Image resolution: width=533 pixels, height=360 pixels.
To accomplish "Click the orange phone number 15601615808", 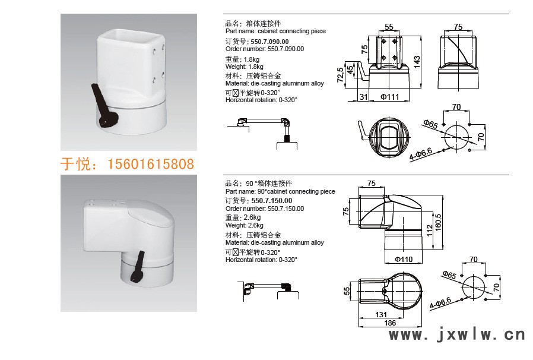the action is (x=151, y=164).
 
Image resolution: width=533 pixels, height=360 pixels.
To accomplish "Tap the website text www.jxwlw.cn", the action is (x=457, y=335).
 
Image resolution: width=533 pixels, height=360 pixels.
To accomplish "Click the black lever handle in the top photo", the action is (x=104, y=106).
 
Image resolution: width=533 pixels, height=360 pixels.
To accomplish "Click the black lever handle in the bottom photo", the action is (x=137, y=267).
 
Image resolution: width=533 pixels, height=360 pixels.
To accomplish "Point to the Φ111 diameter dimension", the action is (x=389, y=97).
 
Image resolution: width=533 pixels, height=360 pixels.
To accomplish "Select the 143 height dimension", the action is (x=417, y=62).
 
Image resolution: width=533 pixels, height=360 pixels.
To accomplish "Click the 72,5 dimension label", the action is (x=340, y=75).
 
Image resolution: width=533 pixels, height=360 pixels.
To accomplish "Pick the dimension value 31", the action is (x=363, y=97).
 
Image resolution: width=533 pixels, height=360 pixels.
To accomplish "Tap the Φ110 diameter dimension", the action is (x=404, y=260).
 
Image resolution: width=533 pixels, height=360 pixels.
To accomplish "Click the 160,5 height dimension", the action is (x=438, y=222).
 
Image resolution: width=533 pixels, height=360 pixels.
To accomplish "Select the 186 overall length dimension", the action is (x=390, y=323).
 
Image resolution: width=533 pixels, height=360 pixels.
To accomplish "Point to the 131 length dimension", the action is (x=381, y=315).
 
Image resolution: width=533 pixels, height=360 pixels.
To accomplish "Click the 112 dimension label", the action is (x=430, y=230).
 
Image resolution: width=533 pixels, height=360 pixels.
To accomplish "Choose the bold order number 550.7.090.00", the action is (x=269, y=42).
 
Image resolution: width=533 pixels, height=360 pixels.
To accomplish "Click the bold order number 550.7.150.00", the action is (x=272, y=201).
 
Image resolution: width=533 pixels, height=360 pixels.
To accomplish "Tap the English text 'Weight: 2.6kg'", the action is (x=244, y=225).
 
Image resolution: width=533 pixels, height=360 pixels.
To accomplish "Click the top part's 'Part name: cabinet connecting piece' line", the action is (x=275, y=31).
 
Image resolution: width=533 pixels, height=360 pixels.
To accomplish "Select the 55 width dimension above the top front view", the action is (x=389, y=27).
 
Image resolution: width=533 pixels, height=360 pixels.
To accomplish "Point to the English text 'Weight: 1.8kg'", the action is (x=244, y=67).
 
